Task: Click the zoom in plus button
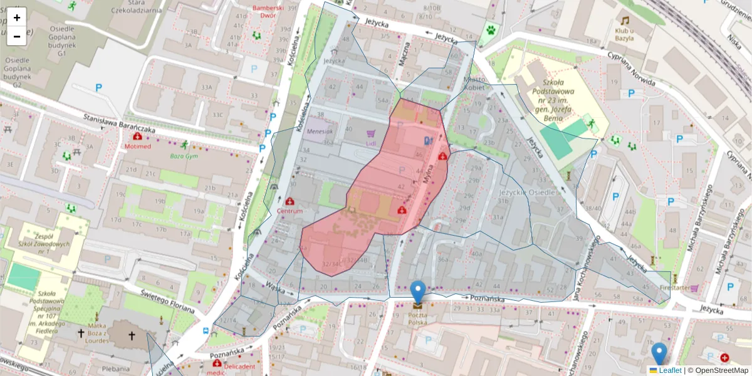coord(17,18)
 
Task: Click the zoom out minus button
coord(17,36)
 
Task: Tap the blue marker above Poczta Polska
coord(418,292)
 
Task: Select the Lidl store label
coord(370,143)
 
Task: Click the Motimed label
coord(137,146)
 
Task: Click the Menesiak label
coord(320,132)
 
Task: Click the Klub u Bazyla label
coord(624,33)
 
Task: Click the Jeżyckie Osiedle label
coord(528,192)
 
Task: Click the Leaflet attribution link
coord(669,370)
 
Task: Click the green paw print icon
coord(489,29)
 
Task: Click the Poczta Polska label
coord(417,318)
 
